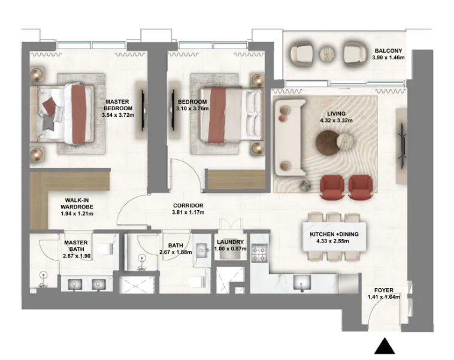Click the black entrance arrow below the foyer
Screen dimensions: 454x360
[x=385, y=346]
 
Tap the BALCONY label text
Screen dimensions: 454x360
[x=388, y=51]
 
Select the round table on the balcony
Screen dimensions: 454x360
[x=328, y=54]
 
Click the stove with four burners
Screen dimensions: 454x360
[x=259, y=253]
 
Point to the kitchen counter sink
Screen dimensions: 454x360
[x=302, y=282]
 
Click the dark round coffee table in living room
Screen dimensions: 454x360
[x=328, y=143]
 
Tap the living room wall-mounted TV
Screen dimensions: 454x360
[x=402, y=146]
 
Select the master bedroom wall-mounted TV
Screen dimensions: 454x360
[x=143, y=110]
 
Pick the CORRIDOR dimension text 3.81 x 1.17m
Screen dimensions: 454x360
[x=188, y=212]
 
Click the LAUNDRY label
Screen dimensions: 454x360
[x=231, y=242]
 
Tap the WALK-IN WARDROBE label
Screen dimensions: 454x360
[x=77, y=203]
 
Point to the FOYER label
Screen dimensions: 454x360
[x=384, y=290]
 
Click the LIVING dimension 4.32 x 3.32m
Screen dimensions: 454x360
[x=336, y=120]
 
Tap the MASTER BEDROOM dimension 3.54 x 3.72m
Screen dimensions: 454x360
[x=118, y=115]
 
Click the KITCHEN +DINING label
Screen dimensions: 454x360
[x=334, y=234]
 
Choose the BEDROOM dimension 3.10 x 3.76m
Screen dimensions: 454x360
[x=192, y=108]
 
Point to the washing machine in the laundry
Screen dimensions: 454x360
[x=230, y=254]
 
